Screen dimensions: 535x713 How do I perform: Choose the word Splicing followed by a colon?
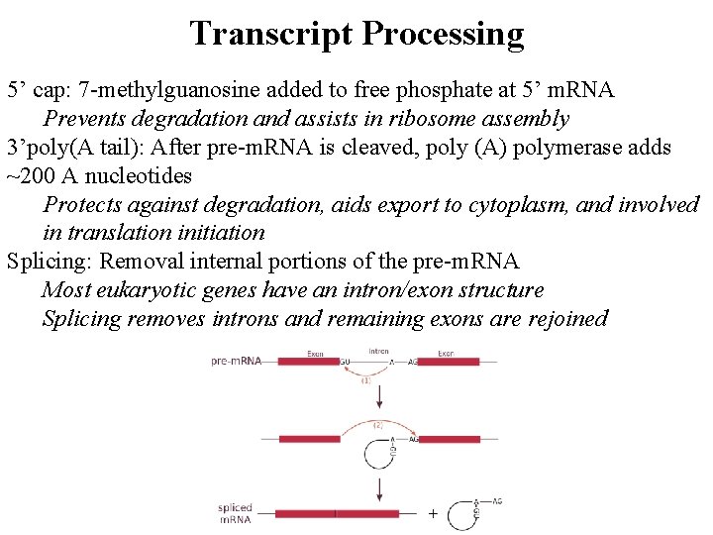coord(48,263)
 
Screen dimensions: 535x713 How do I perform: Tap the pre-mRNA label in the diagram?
coord(236,361)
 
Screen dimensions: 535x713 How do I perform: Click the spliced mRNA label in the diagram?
coord(235,513)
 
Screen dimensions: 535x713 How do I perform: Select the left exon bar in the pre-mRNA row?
coord(307,362)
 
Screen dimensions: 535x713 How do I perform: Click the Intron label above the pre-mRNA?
coord(378,351)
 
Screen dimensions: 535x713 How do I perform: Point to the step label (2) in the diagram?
coord(376,424)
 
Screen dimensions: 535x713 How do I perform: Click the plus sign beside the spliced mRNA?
coord(433,513)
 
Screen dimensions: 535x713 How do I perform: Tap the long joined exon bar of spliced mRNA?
coord(337,513)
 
